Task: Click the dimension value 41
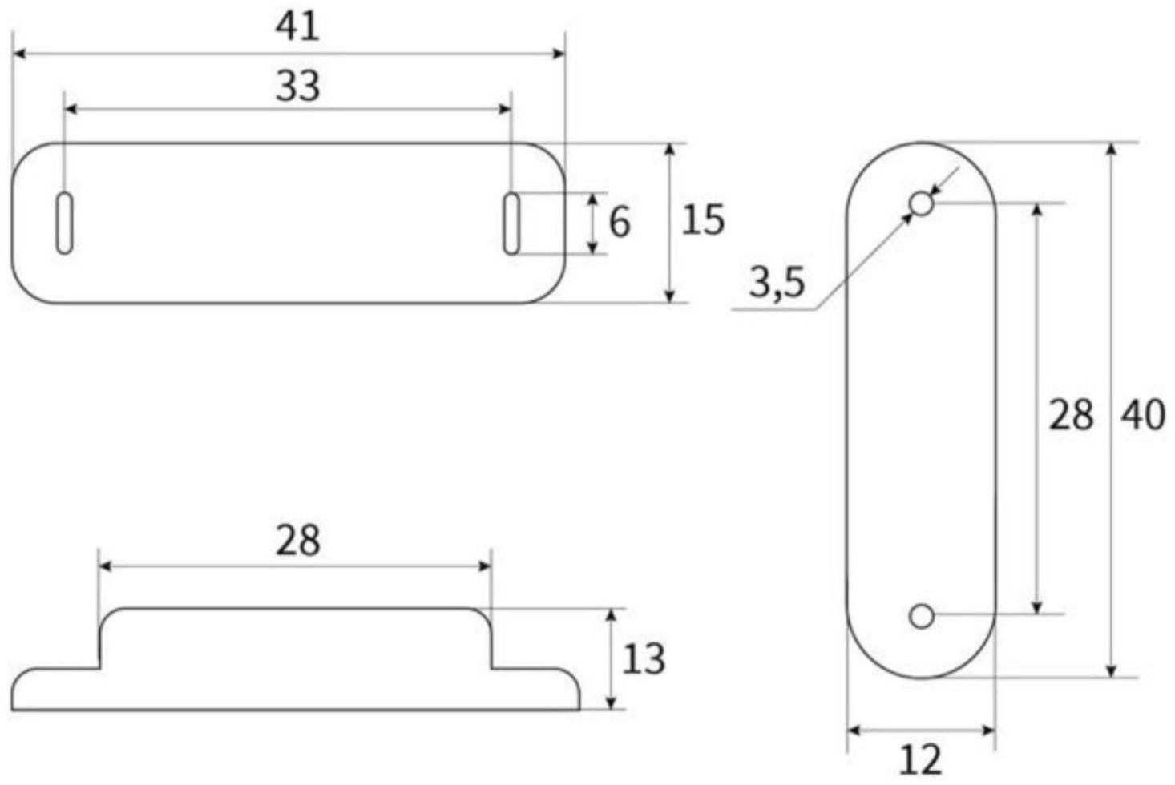pos(297,26)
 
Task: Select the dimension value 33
pos(297,86)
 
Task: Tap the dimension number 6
pos(620,222)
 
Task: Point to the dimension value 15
pos(702,219)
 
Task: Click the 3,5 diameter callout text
pos(777,283)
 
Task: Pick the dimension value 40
pos(1142,415)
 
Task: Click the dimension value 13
pos(644,659)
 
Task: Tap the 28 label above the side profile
pos(297,541)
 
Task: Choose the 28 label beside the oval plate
pos(1071,415)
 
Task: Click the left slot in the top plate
pos(65,223)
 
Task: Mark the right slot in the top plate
pos(511,223)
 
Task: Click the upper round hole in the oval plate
pos(922,204)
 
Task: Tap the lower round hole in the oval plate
pos(922,616)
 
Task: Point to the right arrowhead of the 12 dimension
pos(989,730)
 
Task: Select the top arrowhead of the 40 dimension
pos(1112,150)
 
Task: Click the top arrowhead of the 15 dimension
pos(671,150)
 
